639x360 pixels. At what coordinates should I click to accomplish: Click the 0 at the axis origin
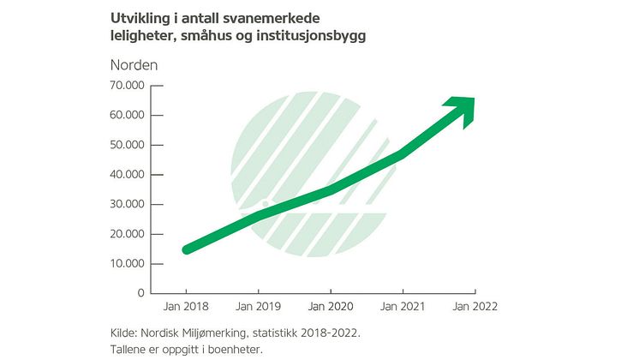pyautogui.click(x=140, y=293)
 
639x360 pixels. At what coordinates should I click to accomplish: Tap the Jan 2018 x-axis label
pyautogui.click(x=185, y=306)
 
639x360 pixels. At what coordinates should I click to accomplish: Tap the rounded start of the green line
pyautogui.click(x=188, y=249)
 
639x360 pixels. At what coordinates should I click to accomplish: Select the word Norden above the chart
pyautogui.click(x=134, y=64)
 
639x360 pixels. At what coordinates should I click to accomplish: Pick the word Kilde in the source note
pyautogui.click(x=125, y=331)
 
